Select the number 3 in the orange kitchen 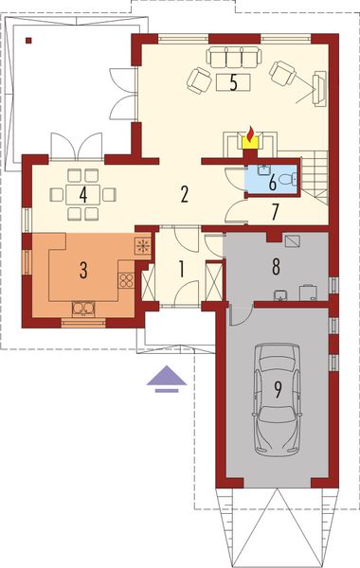[x=83, y=271]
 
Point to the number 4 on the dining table [x=83, y=195]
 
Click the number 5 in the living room [x=232, y=82]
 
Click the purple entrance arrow [x=166, y=379]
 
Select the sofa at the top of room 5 [x=232, y=56]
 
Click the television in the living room [x=319, y=90]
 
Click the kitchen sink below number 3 [x=83, y=306]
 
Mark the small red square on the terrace [x=29, y=41]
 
